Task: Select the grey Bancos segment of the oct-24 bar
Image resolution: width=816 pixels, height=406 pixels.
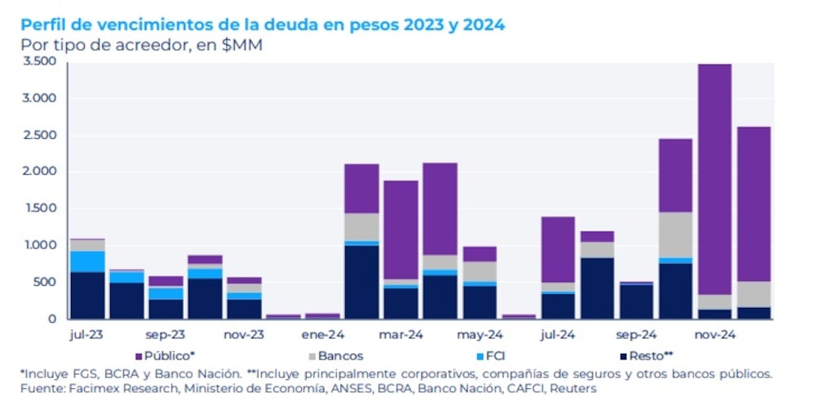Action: click(x=675, y=234)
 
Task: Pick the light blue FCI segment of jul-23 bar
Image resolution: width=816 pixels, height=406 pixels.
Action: click(x=87, y=261)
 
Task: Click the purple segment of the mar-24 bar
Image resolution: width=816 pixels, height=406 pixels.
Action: click(x=401, y=230)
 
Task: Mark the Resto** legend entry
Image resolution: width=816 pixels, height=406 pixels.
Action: click(x=648, y=355)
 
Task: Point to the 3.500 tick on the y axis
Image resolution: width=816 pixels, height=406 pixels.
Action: click(x=39, y=61)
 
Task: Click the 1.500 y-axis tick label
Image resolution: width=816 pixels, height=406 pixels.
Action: click(x=39, y=208)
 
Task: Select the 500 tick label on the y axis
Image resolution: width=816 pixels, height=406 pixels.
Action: click(x=44, y=282)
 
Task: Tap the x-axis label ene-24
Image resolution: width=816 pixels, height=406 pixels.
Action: click(x=322, y=335)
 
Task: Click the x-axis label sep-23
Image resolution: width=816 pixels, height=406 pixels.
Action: click(x=166, y=335)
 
